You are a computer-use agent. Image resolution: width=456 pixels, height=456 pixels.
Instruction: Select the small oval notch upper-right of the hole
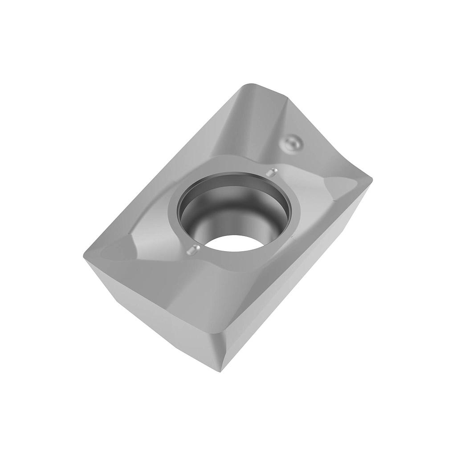coord(271,172)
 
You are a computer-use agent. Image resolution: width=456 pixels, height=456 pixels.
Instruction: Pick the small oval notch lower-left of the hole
coord(193,251)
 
